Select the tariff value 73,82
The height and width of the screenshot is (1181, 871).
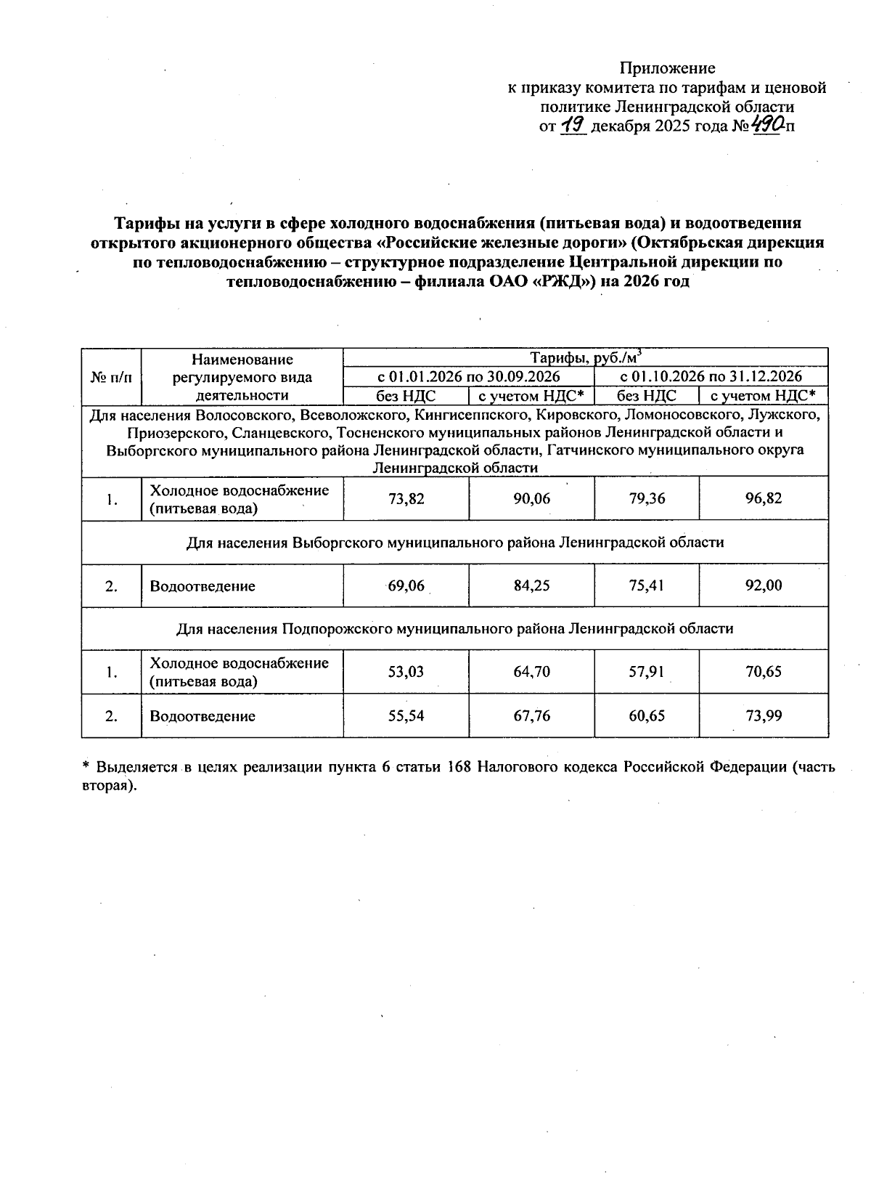(406, 499)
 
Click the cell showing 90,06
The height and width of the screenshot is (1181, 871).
(531, 499)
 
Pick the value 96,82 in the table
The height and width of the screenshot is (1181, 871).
(763, 499)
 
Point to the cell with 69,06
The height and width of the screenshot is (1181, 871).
(406, 585)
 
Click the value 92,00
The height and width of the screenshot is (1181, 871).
(763, 585)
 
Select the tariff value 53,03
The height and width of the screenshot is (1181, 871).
(406, 672)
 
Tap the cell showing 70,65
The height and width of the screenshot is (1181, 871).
(763, 672)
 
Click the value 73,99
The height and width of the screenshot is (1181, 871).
(763, 716)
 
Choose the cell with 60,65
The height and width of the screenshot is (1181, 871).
(646, 716)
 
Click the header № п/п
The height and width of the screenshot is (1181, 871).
(111, 377)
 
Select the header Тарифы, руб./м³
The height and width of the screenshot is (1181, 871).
(585, 357)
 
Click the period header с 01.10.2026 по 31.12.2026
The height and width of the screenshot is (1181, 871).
(711, 376)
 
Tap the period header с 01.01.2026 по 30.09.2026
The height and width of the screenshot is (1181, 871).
(468, 376)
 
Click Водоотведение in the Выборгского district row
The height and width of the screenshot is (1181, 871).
(203, 586)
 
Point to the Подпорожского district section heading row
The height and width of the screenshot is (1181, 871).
(454, 629)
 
